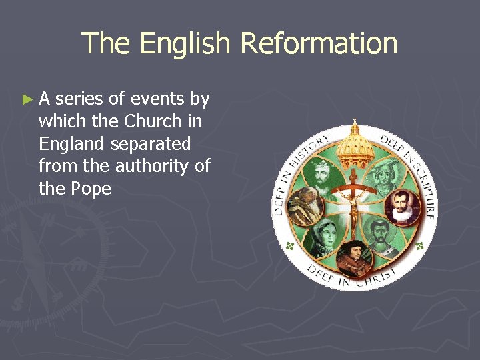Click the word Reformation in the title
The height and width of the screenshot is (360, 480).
(319, 44)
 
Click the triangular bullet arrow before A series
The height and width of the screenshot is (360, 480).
(27, 100)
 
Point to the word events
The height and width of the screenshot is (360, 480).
(158, 99)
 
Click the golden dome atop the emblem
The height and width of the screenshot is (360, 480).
(355, 143)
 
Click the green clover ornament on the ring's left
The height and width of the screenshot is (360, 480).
(289, 246)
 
